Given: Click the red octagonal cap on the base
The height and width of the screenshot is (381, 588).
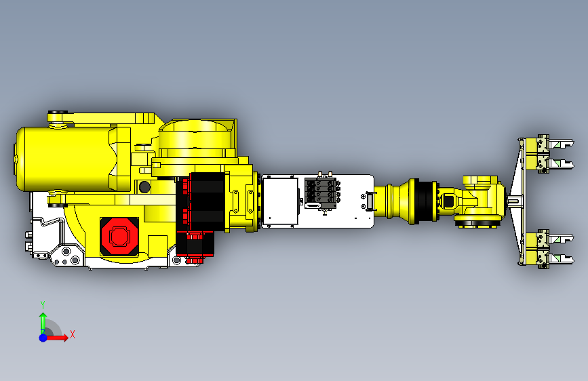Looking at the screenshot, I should click(119, 236).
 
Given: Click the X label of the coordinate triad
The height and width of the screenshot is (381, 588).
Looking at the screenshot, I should click(72, 334).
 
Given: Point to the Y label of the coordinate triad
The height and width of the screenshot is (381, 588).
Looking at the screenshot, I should click(42, 304).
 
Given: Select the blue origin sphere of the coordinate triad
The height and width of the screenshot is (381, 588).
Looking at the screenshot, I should click(43, 337).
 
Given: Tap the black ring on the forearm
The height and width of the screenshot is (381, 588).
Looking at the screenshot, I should click(425, 201).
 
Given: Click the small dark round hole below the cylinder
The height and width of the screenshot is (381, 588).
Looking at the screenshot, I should click(143, 186).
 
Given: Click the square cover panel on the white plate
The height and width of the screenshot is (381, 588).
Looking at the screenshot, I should click(280, 201).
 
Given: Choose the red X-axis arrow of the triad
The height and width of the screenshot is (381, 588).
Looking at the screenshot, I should click(58, 337).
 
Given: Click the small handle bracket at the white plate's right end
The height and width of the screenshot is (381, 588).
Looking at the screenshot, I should click(369, 201).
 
